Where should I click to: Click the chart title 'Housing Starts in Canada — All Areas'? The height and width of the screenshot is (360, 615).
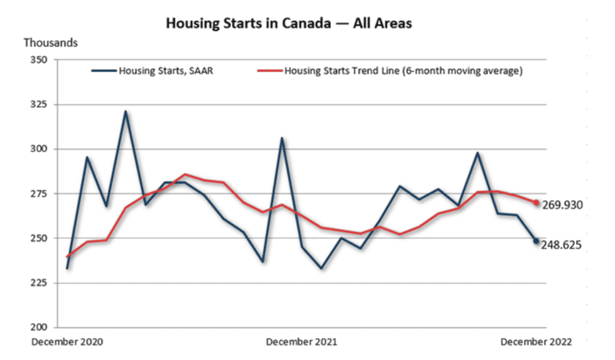click(289, 24)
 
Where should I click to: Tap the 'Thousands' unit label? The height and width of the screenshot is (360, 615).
click(51, 43)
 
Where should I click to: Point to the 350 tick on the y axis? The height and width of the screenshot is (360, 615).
click(48, 60)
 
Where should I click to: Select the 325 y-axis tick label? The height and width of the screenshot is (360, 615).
click(48, 105)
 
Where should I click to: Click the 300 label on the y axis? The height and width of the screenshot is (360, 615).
click(48, 149)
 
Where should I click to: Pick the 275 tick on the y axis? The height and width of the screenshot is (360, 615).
click(48, 194)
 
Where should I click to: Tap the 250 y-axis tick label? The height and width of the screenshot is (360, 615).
click(48, 238)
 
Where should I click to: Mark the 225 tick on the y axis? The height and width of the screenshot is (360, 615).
click(48, 283)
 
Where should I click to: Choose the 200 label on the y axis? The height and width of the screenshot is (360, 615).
click(48, 327)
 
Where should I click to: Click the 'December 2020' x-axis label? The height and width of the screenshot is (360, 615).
click(68, 342)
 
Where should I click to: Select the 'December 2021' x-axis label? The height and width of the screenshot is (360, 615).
click(301, 342)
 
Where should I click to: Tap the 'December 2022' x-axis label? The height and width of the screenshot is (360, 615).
click(536, 342)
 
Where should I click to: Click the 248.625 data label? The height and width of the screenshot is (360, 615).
click(563, 245)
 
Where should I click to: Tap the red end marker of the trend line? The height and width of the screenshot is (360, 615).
click(537, 203)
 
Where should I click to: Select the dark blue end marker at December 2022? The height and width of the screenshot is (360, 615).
click(537, 241)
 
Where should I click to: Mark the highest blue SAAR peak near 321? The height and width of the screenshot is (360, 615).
click(126, 112)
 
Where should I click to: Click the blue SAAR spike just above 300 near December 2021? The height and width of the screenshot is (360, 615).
click(282, 138)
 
